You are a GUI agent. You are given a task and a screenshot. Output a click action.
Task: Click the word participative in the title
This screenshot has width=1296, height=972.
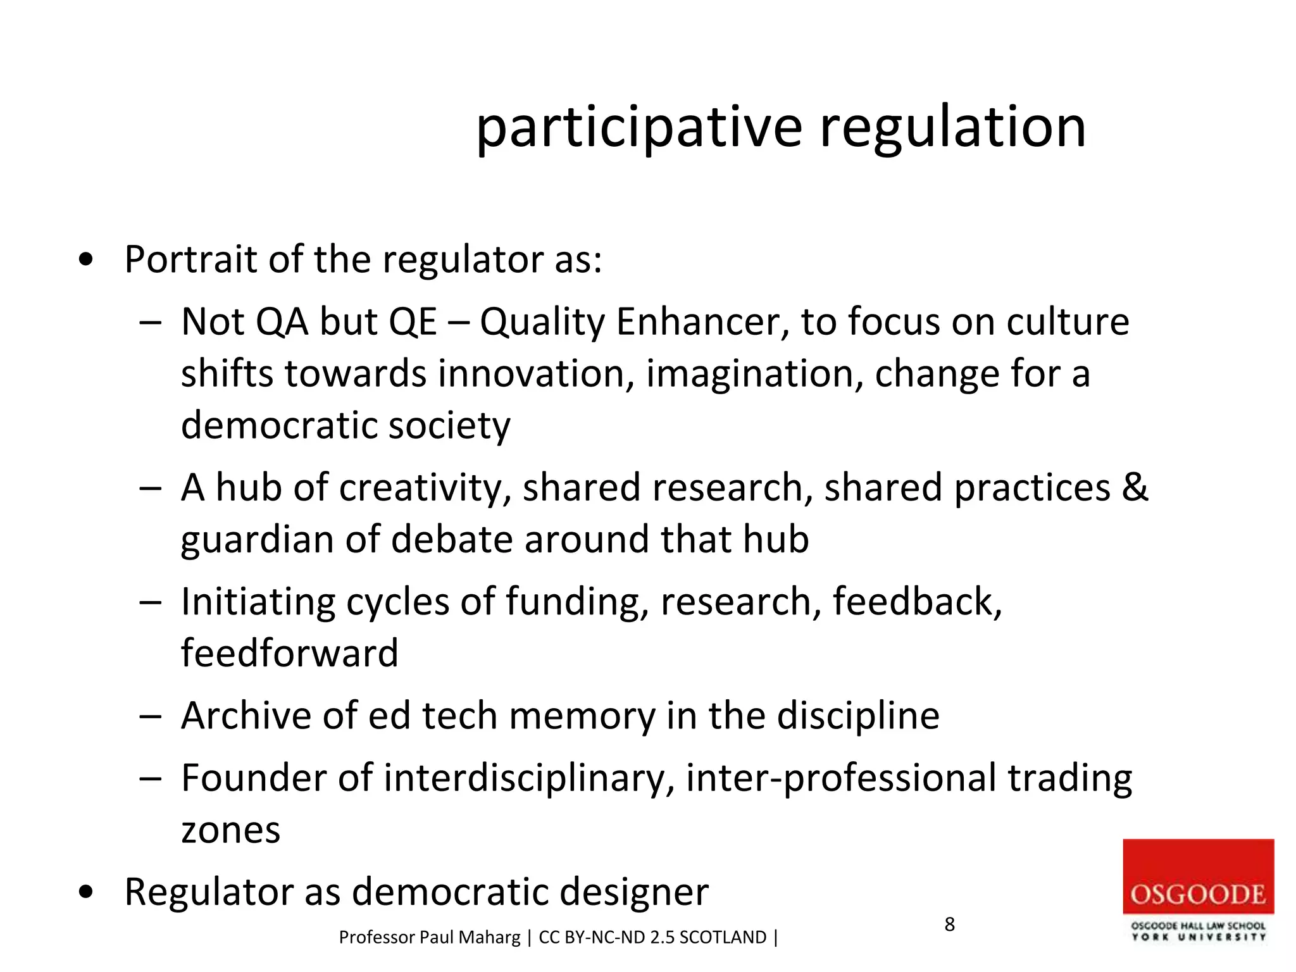pos(639,128)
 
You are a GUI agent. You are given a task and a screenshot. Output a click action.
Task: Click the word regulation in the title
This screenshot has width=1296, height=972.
pos(952,128)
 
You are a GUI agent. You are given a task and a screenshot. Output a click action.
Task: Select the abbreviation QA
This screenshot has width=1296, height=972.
pos(282,321)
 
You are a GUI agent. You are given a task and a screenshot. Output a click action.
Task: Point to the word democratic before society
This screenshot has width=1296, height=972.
pos(278,425)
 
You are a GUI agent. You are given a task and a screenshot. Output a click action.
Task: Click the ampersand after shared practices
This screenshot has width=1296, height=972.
pos(1134,487)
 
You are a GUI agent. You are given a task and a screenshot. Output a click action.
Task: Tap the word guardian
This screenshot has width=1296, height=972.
pos(257,540)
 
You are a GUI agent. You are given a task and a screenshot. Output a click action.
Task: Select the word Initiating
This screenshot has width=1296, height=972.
pos(258,601)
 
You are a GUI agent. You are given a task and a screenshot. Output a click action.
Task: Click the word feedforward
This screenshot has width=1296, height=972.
pos(289,653)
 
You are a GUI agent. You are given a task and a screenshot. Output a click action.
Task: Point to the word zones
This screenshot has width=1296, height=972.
pos(230,830)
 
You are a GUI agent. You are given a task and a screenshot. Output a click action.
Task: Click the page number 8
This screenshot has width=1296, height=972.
pos(949,925)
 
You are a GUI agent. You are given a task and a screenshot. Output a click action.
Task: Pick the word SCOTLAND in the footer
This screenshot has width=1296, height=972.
pos(723,937)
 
